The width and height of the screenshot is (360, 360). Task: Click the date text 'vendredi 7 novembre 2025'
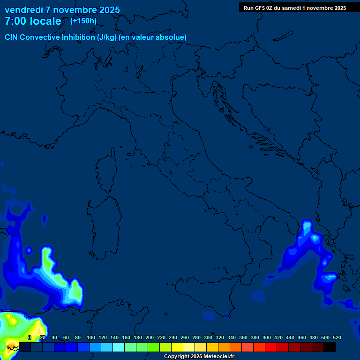(62, 10)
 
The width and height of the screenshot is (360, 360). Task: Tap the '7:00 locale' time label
(33, 21)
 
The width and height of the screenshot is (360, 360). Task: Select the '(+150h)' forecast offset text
(83, 21)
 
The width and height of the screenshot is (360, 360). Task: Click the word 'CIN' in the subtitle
(12, 37)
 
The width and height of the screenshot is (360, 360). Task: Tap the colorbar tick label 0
(30, 337)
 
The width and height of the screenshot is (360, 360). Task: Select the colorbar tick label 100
(91, 337)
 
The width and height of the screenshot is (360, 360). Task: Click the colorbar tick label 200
(150, 337)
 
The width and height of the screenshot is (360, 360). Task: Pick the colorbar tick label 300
(208, 337)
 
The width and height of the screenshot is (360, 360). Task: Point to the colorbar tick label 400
(267, 337)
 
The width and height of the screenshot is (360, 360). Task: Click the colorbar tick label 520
(337, 337)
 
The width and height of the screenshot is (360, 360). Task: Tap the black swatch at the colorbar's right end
(330, 347)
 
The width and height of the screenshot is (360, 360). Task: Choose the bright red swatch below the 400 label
(271, 347)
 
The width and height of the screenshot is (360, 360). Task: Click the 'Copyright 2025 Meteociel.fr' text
(199, 357)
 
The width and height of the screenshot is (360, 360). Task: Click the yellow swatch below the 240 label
(177, 347)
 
